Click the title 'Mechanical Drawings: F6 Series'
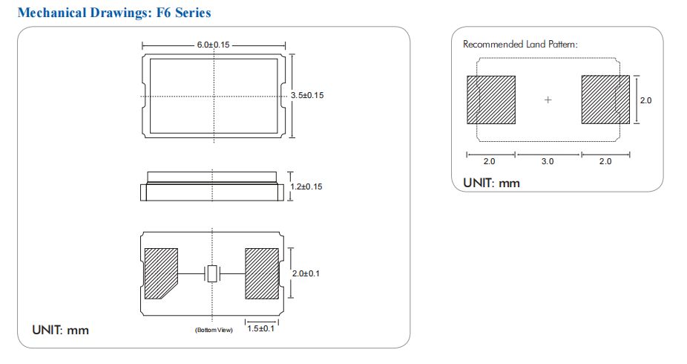114,13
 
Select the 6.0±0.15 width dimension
214,45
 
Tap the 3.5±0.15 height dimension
307,96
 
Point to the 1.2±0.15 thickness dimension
307,186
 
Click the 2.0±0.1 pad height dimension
305,274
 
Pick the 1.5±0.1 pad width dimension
260,329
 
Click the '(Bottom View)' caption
214,329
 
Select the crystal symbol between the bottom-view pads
213,273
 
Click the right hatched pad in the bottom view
261,273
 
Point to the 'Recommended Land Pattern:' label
520,45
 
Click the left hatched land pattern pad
490,100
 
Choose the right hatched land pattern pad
605,100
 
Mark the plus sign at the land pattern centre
548,100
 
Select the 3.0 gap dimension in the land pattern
548,161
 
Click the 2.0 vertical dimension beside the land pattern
645,100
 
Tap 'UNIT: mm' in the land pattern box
491,183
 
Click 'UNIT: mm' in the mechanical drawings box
60,329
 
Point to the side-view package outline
213,186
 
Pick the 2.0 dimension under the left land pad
490,161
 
